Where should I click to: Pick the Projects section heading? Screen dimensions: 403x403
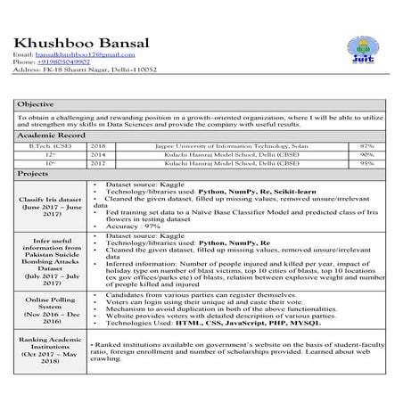pos(33,174)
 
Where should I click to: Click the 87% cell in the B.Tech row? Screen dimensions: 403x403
pos(366,144)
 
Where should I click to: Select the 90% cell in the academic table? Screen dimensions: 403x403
pos(366,154)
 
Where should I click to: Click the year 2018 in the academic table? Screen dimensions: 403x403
pos(97,144)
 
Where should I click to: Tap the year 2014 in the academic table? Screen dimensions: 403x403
pos(97,154)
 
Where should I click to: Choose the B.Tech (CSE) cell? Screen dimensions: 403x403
pos(51,144)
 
